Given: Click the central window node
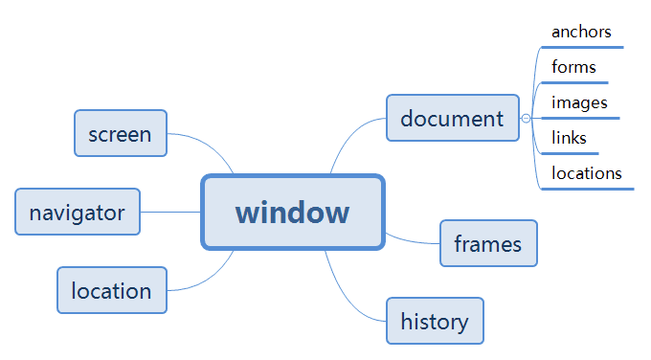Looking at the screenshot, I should [x=293, y=212].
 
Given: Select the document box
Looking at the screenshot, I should [x=452, y=118].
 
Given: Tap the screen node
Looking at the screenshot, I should [x=120, y=133].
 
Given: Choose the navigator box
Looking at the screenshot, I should [x=78, y=212].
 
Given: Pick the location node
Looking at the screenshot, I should [x=111, y=290].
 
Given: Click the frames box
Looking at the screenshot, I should [x=488, y=243].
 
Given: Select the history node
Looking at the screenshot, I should [x=435, y=321].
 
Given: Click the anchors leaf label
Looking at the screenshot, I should [x=581, y=32].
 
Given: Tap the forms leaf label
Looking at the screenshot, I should [x=573, y=67].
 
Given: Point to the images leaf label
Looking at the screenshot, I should [x=579, y=102].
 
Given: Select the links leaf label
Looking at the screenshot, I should [x=569, y=138].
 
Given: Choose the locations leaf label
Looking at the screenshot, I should [x=587, y=173].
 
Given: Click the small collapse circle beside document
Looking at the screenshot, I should [x=526, y=119].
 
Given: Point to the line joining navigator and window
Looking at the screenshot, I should [x=170, y=212].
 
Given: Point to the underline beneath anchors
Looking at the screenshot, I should [x=586, y=46].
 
